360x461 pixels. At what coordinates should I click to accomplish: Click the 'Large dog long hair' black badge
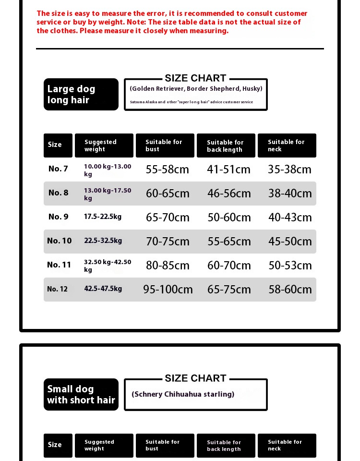[81, 94]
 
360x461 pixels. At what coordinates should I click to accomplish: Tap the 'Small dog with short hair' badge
[81, 394]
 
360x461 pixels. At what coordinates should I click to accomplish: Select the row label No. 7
[58, 169]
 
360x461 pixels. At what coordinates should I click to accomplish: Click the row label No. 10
[59, 241]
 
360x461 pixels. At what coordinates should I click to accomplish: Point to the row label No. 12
[57, 289]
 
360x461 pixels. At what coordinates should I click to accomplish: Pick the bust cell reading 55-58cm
[168, 170]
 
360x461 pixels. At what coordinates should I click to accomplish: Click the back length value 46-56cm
[229, 194]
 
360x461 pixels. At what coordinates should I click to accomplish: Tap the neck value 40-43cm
[290, 218]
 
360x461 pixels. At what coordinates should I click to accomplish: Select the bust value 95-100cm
[168, 290]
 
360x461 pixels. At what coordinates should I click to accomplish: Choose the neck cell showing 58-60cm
[290, 290]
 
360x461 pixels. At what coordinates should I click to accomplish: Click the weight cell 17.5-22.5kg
[103, 217]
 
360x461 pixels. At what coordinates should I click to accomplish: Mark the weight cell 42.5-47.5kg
[103, 289]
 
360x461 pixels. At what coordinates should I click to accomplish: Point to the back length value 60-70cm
[229, 266]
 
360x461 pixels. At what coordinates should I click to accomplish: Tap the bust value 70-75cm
[168, 242]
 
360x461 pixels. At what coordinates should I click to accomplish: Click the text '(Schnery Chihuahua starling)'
[183, 394]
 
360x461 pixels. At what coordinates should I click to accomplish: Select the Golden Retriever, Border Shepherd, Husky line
[196, 88]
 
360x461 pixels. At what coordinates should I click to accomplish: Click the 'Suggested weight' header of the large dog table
[104, 146]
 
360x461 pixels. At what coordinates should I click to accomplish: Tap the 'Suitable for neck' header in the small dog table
[287, 445]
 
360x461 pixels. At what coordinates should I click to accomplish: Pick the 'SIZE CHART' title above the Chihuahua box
[195, 378]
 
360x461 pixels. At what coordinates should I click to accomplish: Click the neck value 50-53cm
[290, 266]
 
